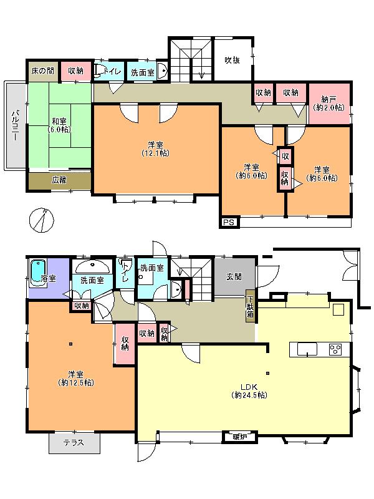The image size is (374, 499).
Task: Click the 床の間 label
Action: coord(42,72)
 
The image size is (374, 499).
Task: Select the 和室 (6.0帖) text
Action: coord(59,125)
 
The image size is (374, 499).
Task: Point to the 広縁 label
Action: coord(59,180)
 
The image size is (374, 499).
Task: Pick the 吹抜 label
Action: coord(233,61)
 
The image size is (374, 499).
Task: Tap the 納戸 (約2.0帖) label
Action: coord(328,103)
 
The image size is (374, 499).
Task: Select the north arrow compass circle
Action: coord(42,219)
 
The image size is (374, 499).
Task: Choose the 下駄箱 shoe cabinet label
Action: coord(250,304)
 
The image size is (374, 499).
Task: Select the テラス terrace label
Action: coord(75,443)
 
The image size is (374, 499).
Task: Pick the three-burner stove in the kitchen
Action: coord(335,349)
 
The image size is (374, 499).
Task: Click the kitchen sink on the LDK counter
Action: coord(307,349)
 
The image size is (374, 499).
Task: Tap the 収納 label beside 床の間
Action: coord(76,72)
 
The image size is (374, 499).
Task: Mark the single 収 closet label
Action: coord(285,155)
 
